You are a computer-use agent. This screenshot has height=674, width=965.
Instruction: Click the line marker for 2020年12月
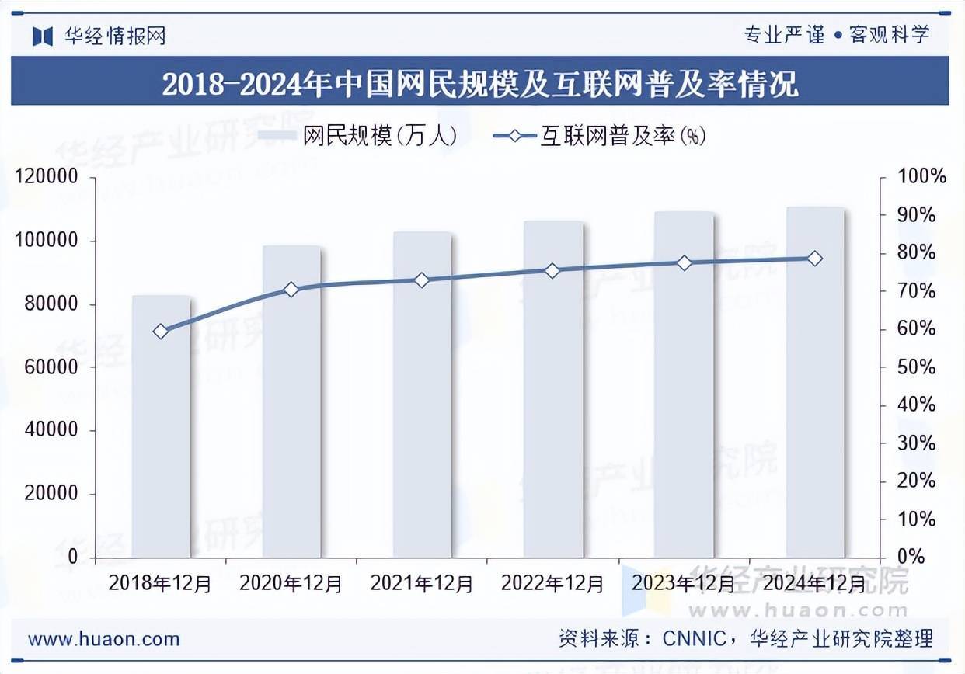point(291,290)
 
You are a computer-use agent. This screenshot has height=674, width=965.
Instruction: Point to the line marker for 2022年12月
point(552,271)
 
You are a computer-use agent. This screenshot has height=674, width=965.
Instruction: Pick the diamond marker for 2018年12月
point(161,332)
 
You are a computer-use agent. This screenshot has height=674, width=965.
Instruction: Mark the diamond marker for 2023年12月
point(684,263)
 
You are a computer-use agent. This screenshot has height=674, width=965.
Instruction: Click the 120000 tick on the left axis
point(47,177)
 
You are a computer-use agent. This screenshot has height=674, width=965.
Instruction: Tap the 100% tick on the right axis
point(921,177)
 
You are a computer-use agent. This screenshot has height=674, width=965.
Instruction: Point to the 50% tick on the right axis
point(921,367)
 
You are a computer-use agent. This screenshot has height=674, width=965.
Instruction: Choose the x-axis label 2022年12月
point(552,582)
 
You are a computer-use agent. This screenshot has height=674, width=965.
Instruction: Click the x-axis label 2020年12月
point(291,582)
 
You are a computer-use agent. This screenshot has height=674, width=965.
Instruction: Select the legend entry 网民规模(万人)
point(358,137)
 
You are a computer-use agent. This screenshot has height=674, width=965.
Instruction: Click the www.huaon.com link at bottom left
point(104,640)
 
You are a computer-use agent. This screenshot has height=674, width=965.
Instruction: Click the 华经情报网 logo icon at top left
point(43,36)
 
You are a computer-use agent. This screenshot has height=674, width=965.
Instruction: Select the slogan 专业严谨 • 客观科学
point(836,35)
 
